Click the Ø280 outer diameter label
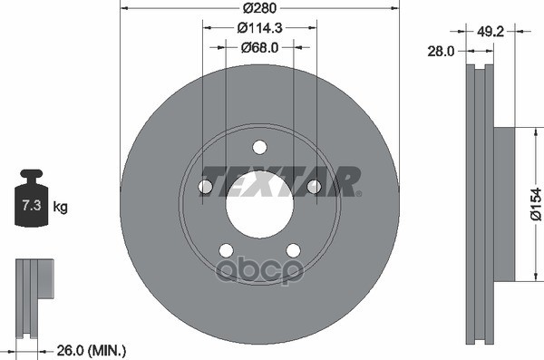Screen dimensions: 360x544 (259, 9)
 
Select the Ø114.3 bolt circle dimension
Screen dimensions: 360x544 (259, 28)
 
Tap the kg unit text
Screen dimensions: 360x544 (61, 207)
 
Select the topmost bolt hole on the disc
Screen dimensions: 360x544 (259, 147)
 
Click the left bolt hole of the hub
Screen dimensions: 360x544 (205, 187)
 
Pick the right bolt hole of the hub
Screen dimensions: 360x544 (314, 187)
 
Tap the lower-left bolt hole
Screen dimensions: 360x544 (226, 250)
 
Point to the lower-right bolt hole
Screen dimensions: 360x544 (293, 250)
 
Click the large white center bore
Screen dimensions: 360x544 (259, 202)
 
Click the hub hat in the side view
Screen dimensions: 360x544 (504, 203)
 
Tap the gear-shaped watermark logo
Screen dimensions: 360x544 (274, 268)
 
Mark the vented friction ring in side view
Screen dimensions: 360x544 (479, 203)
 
